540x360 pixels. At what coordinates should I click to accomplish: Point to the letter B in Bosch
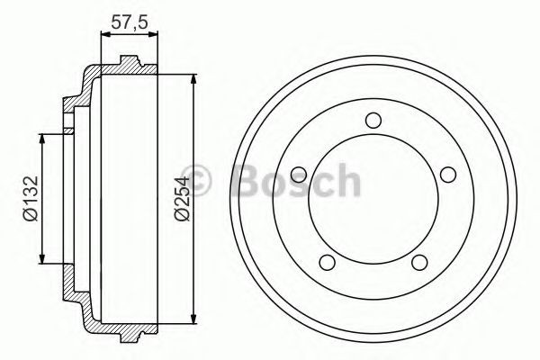247,181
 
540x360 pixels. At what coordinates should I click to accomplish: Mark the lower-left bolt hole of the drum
328,262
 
